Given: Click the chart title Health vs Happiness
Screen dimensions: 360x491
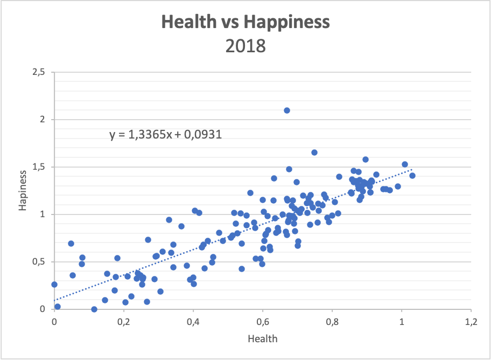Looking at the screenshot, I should [x=245, y=22].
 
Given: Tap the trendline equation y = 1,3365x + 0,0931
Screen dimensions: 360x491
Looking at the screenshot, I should [x=166, y=135].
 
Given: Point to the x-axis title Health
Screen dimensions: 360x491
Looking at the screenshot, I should [x=263, y=338].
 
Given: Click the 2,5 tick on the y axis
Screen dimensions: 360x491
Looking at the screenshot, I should [x=39, y=72].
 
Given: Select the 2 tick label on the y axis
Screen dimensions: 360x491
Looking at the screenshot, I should [x=43, y=120].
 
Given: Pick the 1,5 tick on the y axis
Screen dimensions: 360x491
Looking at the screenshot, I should [x=39, y=167].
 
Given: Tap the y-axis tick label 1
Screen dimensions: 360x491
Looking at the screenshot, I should [x=44, y=214].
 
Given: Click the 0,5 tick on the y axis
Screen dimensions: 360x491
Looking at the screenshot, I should [x=39, y=262].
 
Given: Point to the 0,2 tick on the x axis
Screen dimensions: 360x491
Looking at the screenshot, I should [x=124, y=322].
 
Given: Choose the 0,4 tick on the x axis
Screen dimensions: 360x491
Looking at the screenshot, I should [x=193, y=322].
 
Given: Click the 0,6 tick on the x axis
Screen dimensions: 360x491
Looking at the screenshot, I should [x=263, y=322].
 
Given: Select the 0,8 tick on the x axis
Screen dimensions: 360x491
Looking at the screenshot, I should [x=332, y=322].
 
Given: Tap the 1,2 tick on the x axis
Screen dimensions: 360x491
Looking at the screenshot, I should [x=471, y=322].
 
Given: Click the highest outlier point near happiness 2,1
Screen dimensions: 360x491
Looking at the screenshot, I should [x=287, y=110].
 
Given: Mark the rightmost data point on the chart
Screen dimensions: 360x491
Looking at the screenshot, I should [x=412, y=175].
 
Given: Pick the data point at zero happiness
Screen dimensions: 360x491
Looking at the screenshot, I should [x=94, y=309].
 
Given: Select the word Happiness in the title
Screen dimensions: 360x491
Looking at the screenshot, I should [x=286, y=22].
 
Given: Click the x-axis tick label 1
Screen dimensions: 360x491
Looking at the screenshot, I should [x=402, y=322].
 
